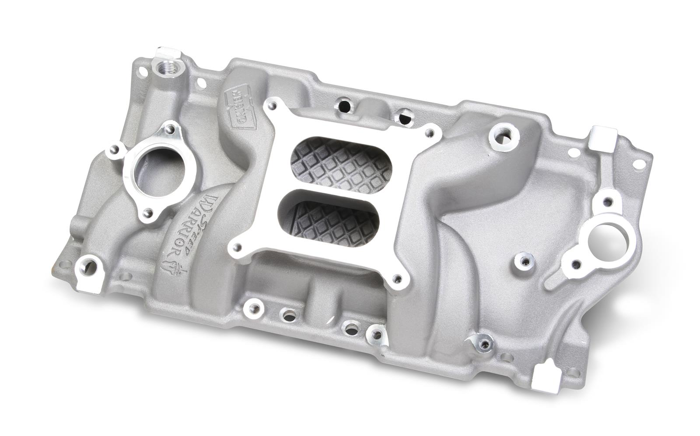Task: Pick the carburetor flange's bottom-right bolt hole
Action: point(397,277)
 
